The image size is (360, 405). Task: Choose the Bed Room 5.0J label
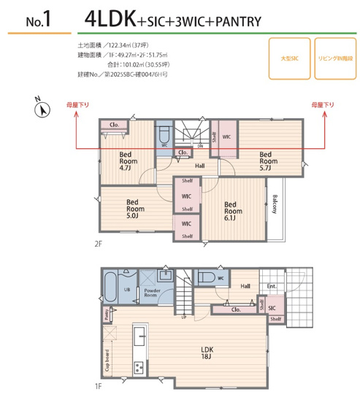click(x=134, y=208)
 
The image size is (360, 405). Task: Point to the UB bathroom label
click(x=127, y=289)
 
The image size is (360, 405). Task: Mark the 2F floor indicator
click(x=98, y=244)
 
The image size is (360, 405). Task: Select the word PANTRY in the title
click(x=236, y=22)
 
